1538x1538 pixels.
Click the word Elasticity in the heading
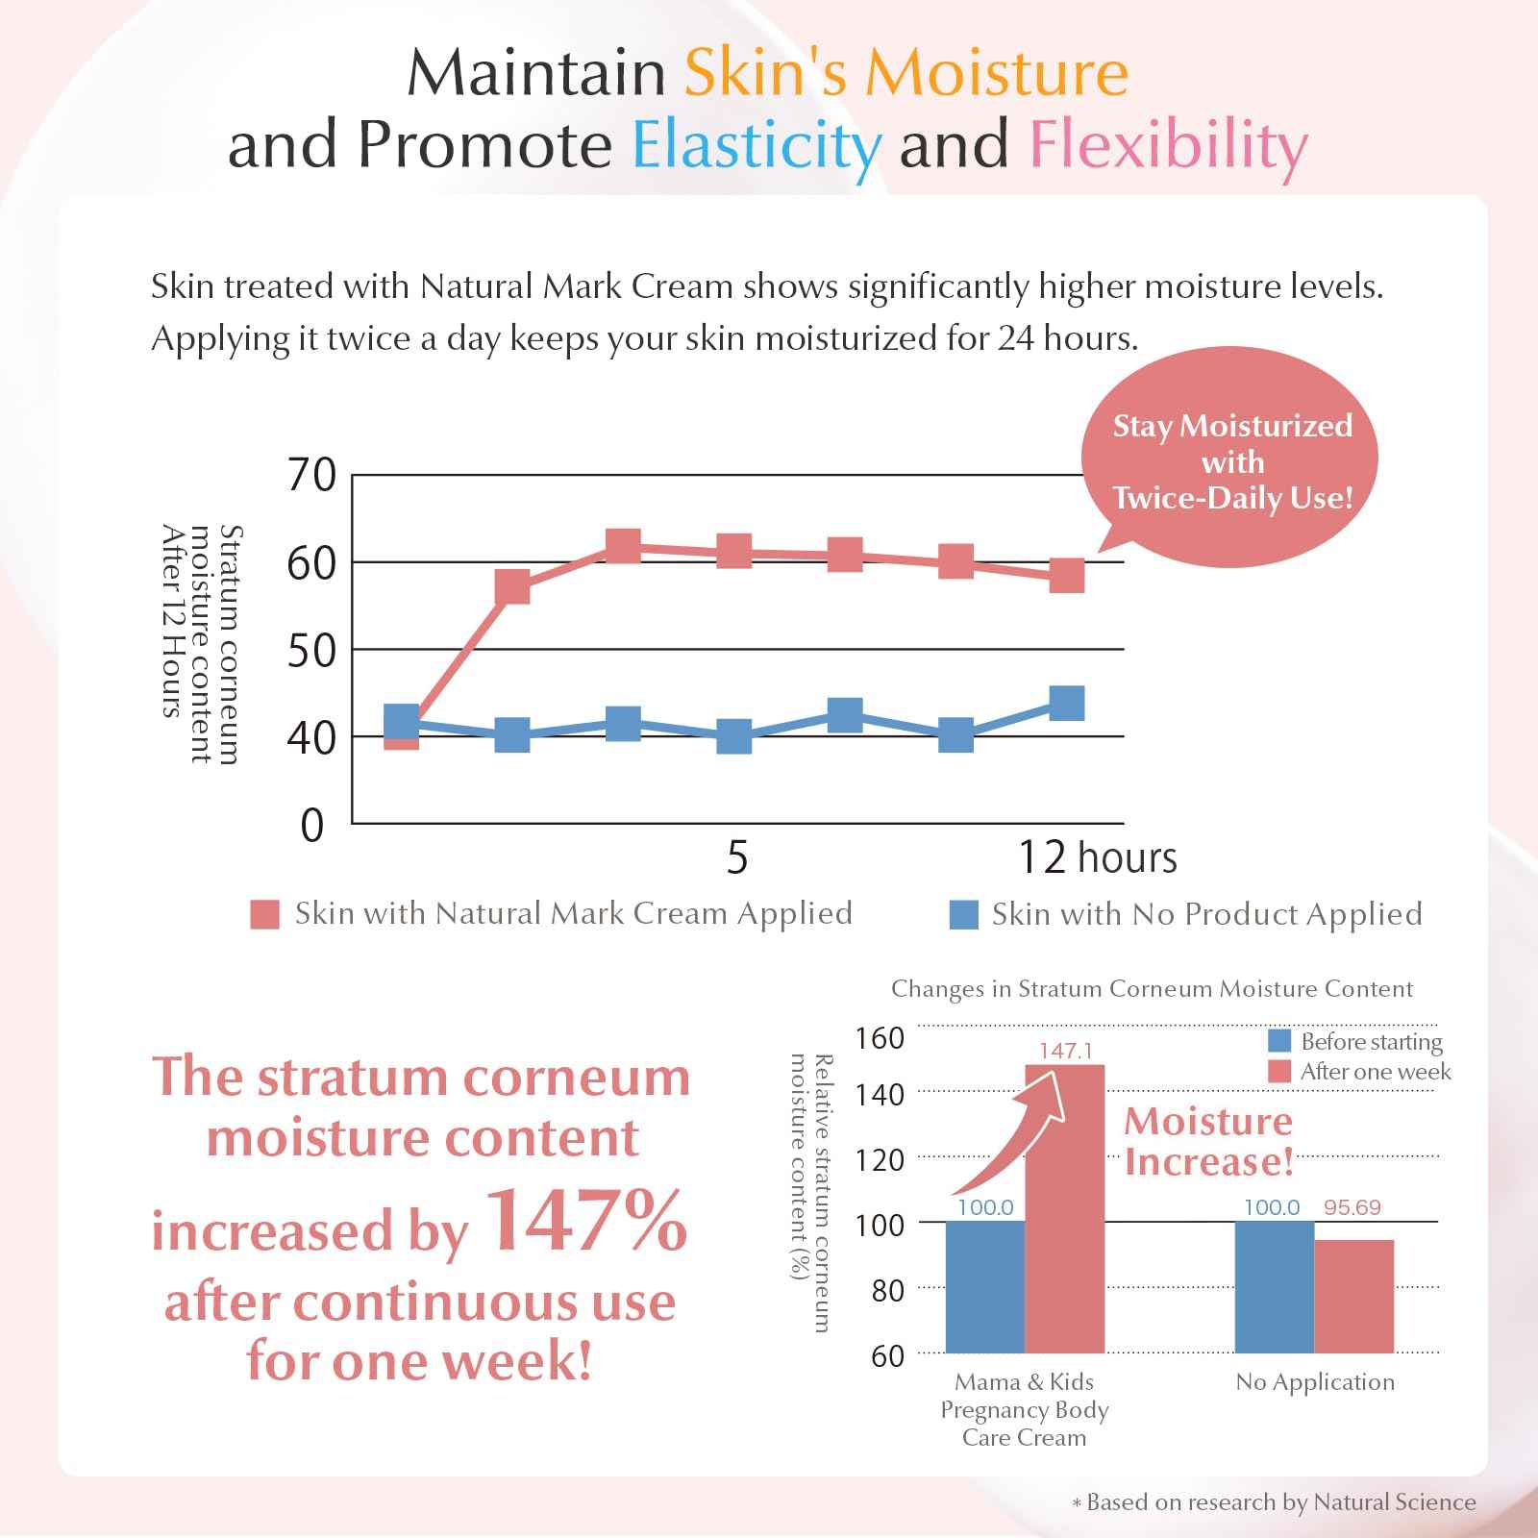tap(757, 146)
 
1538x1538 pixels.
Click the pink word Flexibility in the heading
tap(1168, 146)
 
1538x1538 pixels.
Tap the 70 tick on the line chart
tap(311, 476)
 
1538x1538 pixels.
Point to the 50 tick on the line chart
tap(311, 651)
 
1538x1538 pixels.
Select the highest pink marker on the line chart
tap(624, 546)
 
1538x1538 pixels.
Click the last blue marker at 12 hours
tap(1067, 703)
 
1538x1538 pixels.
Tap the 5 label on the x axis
tap(736, 856)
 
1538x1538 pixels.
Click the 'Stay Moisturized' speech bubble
tap(1231, 462)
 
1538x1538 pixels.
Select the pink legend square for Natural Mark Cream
tap(264, 914)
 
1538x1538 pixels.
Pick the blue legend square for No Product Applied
tap(963, 914)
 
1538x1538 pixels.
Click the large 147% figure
tap(587, 1223)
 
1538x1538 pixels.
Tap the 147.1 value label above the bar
tap(1065, 1051)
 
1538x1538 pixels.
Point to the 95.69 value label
tap(1352, 1207)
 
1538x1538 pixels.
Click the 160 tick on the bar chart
tap(881, 1038)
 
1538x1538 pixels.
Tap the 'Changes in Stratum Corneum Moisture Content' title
tap(1152, 989)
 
